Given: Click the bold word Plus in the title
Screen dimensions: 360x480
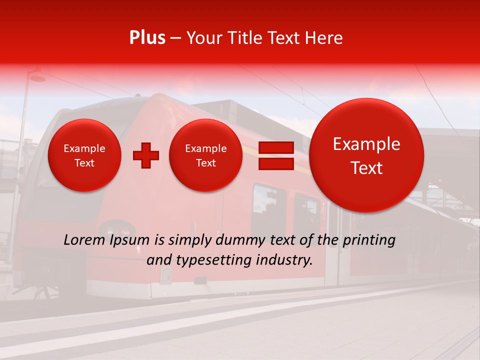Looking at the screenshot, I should pyautogui.click(x=147, y=38).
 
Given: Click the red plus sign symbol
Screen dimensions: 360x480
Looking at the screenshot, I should pyautogui.click(x=146, y=155).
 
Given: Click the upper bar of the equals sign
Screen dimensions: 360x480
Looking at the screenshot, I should pyautogui.click(x=275, y=147).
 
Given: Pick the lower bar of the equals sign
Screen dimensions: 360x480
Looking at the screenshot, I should pyautogui.click(x=275, y=163).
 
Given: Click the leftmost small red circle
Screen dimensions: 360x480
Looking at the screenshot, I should pyautogui.click(x=84, y=155).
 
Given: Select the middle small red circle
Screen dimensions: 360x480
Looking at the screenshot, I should pyautogui.click(x=206, y=155).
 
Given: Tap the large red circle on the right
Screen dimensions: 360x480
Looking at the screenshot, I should pyautogui.click(x=366, y=155).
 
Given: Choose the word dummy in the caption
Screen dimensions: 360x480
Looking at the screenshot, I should pyautogui.click(x=241, y=240).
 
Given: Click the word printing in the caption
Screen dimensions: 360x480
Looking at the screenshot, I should pyautogui.click(x=368, y=240).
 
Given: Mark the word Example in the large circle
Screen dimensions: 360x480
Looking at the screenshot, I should pyautogui.click(x=366, y=144).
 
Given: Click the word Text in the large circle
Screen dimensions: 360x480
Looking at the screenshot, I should pyautogui.click(x=366, y=168).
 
